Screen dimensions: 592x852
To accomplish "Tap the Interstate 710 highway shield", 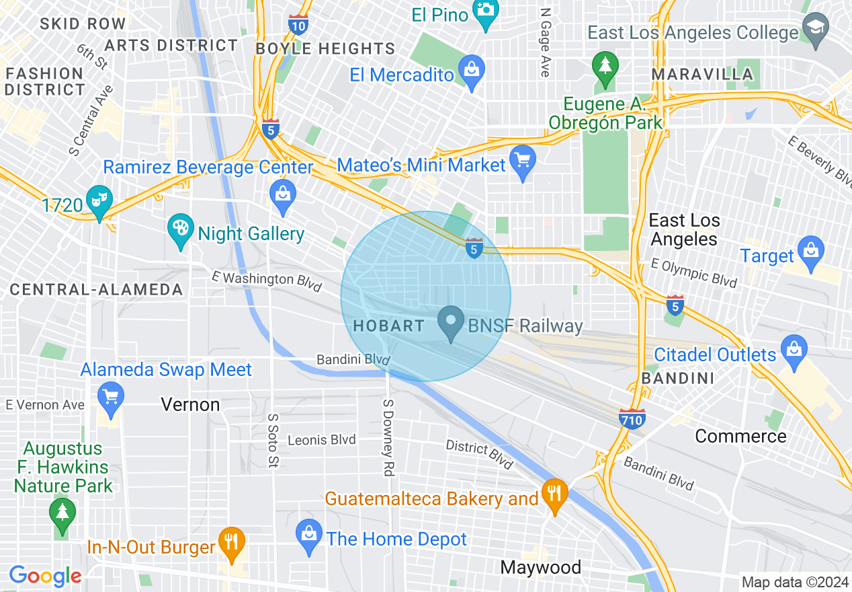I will click(632, 419).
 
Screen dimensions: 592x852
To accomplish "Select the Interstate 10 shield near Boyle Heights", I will click(298, 26).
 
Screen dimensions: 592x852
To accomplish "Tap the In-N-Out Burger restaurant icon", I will click(231, 543).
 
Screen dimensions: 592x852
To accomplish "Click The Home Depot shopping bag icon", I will click(308, 537).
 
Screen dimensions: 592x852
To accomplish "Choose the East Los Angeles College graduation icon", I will click(814, 30).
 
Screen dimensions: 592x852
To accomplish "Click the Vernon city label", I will click(190, 404).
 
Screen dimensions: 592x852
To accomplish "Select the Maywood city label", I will click(541, 567).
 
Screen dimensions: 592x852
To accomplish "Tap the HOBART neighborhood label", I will click(388, 326).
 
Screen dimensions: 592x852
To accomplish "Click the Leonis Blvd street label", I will click(321, 440).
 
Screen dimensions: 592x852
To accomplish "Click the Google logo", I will click(45, 576).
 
